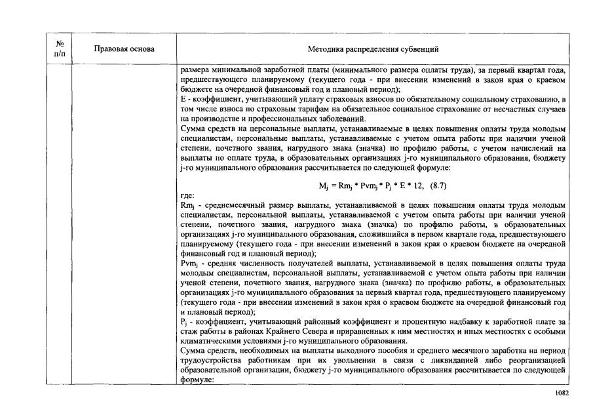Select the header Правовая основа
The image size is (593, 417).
pos(124,49)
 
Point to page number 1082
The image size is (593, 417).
pos(561,393)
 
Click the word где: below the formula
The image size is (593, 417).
pos(187,195)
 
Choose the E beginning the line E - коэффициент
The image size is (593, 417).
pos(183,98)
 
